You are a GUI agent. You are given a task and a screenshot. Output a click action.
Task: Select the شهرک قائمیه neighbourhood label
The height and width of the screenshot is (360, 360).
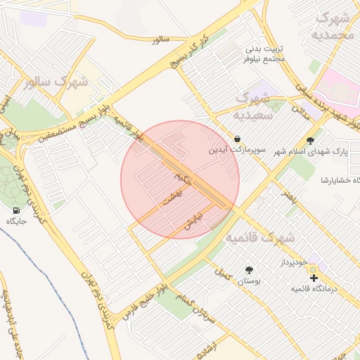click(260, 238)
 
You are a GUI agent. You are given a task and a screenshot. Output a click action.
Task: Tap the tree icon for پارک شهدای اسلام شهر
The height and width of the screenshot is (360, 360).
click(311, 140)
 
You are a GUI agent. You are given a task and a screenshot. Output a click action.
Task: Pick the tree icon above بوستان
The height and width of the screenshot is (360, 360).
click(248, 270)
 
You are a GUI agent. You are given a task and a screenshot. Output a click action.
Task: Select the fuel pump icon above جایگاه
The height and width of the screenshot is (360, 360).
click(16, 210)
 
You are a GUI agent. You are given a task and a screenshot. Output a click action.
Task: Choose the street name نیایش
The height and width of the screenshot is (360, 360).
click(193, 219)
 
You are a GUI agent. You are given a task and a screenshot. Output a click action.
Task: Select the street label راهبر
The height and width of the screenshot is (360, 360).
click(289, 194)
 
